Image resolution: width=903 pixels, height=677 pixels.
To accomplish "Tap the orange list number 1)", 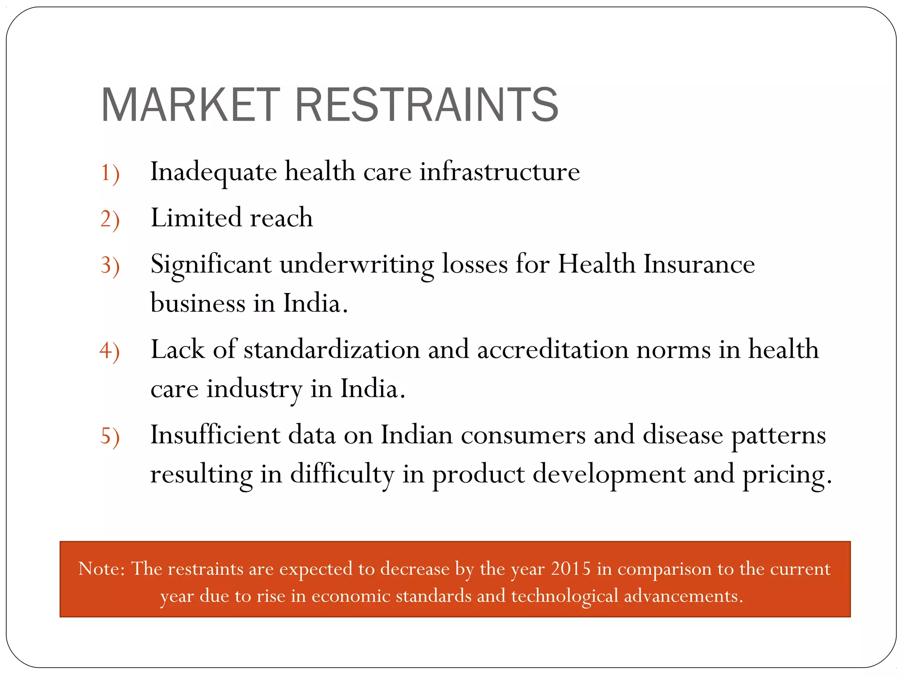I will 110,173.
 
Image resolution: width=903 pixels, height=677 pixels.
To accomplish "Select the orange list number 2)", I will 110,219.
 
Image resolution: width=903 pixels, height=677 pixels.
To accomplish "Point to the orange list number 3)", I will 110,266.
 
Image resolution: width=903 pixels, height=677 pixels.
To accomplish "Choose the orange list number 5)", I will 110,436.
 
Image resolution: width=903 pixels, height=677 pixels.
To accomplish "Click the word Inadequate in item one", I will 213,172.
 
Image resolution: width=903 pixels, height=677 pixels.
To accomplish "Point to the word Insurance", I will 699,264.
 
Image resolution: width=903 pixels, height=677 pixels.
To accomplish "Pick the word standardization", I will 332,350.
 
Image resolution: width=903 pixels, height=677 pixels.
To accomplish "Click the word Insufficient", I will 215,435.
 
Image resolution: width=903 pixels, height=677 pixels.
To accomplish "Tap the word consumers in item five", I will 523,435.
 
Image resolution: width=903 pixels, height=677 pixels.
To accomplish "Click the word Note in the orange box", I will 98,569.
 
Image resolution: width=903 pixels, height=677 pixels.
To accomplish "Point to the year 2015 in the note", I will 571,569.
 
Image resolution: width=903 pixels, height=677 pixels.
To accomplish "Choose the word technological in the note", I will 564,596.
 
